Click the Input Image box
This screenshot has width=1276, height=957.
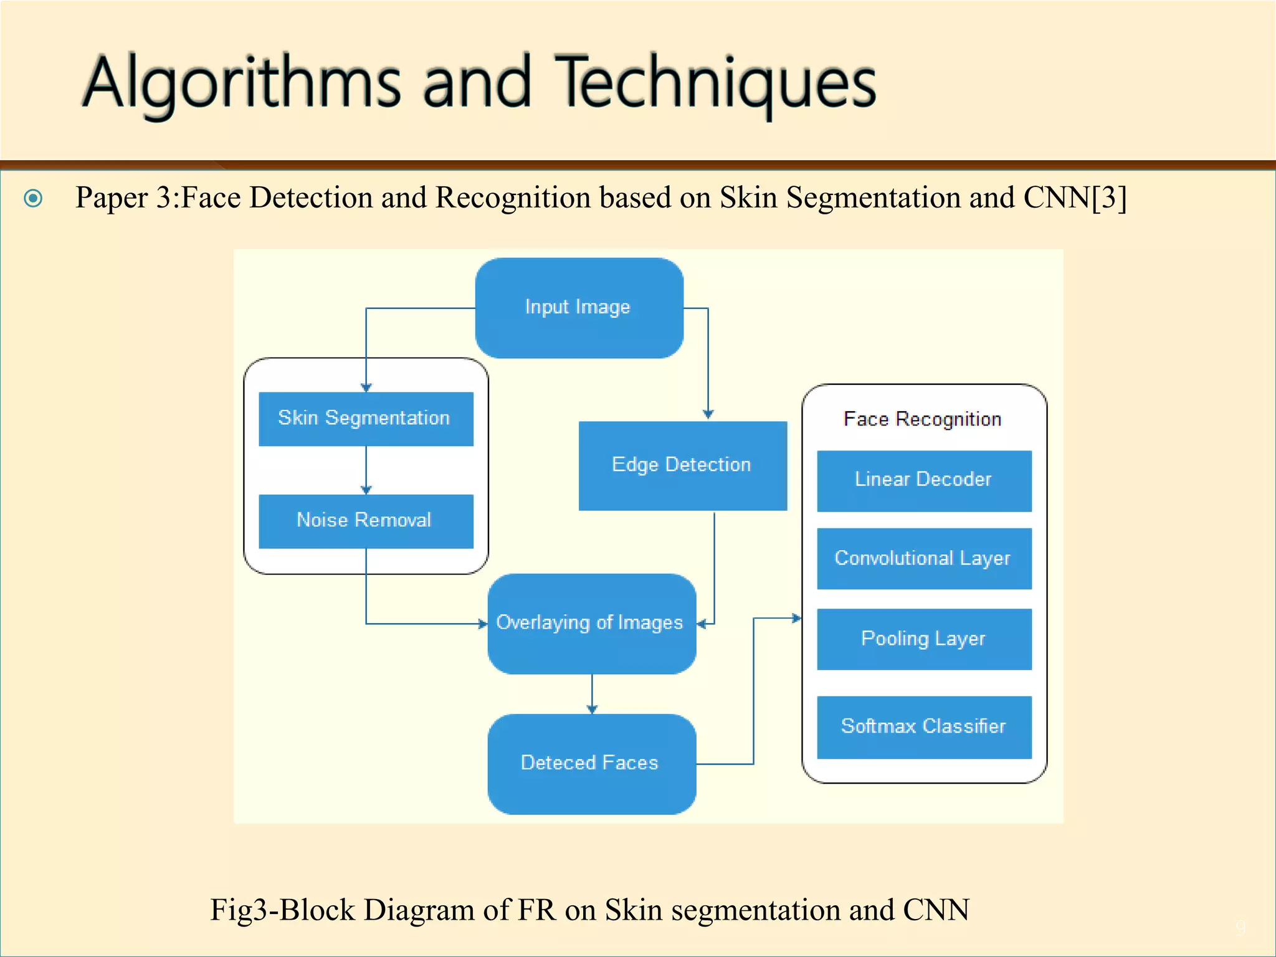(x=579, y=308)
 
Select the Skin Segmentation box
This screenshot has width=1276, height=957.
(x=366, y=419)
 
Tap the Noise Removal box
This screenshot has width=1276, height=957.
(x=366, y=521)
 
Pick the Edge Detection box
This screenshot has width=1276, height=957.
(x=682, y=465)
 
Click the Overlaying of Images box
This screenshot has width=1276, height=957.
(x=591, y=623)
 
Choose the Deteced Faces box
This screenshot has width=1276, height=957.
(x=591, y=763)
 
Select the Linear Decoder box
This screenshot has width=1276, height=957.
(x=923, y=480)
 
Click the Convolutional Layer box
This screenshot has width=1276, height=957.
(x=923, y=558)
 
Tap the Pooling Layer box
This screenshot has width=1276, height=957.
(x=923, y=639)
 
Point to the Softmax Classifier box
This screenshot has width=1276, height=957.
(x=923, y=726)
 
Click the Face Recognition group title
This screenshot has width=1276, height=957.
(x=922, y=419)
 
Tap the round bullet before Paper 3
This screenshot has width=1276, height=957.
(x=33, y=198)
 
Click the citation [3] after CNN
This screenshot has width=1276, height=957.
(x=1109, y=198)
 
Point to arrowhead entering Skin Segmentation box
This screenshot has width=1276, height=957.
(x=366, y=388)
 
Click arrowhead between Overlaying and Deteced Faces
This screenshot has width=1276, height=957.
(x=592, y=709)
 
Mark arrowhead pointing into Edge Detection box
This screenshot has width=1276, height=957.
(x=708, y=414)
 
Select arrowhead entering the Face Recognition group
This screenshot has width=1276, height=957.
(x=797, y=618)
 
